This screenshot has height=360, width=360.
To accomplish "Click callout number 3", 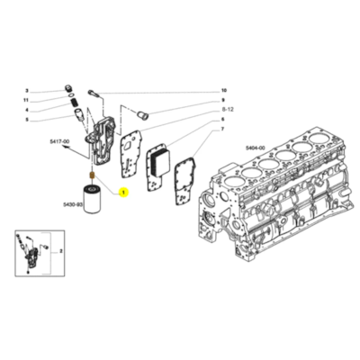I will click(27, 91).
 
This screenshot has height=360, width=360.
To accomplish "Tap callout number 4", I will click(27, 109).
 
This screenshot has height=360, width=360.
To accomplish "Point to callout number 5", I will click(27, 119).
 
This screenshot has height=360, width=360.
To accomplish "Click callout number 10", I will click(224, 91).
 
